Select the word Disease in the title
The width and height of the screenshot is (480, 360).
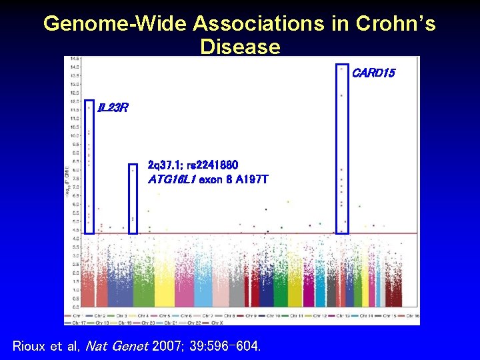tap(239, 47)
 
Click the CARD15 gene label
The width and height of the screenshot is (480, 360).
tap(373, 73)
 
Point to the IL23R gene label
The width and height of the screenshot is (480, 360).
tap(113, 107)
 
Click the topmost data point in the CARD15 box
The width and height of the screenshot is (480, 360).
tap(341, 68)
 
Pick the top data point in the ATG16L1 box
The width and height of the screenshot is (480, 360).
tap(133, 170)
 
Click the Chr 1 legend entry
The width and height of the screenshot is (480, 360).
tap(77, 315)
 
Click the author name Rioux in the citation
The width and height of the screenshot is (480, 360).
tap(31, 346)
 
